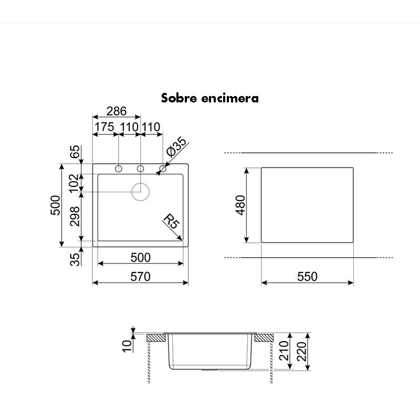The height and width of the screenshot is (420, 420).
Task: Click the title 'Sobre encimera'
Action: [209, 98]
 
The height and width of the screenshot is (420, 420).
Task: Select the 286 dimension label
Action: [117, 111]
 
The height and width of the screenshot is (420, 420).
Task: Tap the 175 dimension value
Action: [104, 127]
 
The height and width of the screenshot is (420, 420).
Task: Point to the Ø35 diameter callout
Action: [176, 146]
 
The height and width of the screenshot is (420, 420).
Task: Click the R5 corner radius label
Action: [172, 220]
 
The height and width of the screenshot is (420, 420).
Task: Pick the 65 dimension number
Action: [75, 152]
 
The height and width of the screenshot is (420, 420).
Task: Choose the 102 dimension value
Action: [74, 183]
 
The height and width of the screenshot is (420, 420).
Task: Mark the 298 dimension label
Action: [75, 216]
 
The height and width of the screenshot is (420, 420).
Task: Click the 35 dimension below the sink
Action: [75, 259]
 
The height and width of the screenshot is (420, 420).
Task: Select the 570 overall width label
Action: [141, 277]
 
